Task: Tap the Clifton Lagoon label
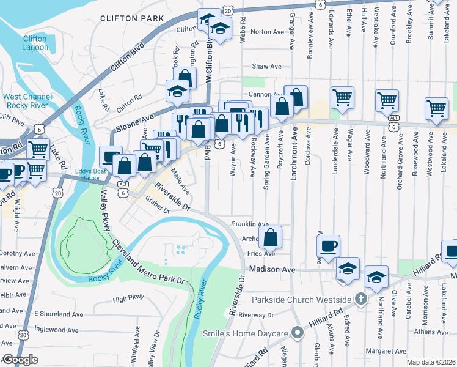[x=34, y=42]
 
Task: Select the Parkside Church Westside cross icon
[x=361, y=299]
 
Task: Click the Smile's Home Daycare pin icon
[x=298, y=333]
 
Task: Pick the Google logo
[x=20, y=360]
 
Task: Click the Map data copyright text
[x=430, y=362]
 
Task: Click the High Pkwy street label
[x=128, y=299]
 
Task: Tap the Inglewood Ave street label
[x=56, y=330]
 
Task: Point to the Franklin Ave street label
[x=250, y=224]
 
